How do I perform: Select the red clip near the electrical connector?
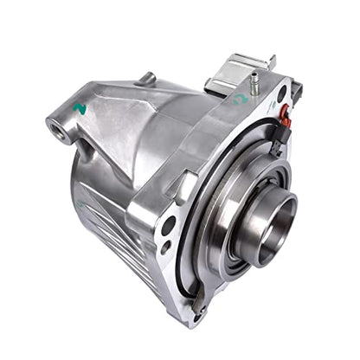(285, 110)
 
